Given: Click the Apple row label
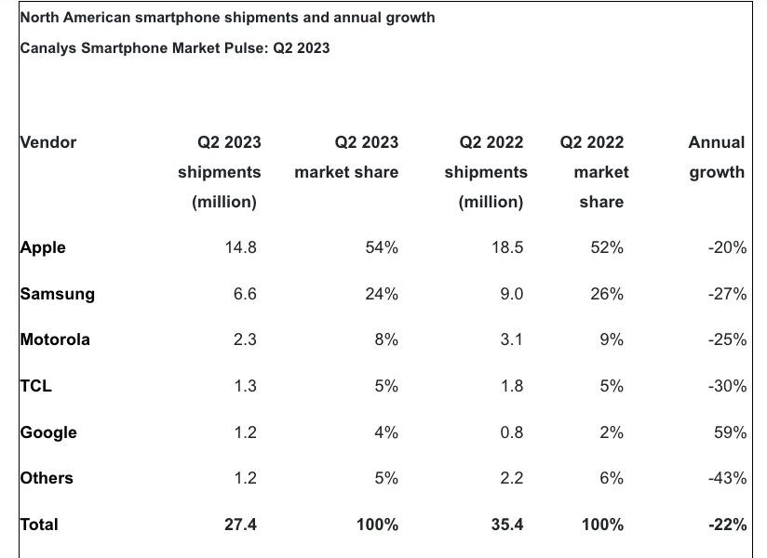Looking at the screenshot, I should tap(43, 247).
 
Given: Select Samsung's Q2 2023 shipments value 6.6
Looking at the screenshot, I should tap(245, 294).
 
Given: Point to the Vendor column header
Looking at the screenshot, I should tap(48, 142).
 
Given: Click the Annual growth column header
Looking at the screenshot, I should tap(717, 157).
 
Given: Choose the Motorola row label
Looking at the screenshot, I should tap(55, 339).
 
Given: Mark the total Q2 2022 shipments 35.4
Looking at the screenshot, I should tap(506, 525).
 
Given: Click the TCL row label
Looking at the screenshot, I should tap(35, 386).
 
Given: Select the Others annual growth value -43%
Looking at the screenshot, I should tap(727, 478).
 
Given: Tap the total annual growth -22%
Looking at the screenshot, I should tap(727, 525).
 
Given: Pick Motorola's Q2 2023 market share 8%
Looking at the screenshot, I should tap(386, 339).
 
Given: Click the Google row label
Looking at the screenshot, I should tap(48, 432).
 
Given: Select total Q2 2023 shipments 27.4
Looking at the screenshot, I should tap(240, 525).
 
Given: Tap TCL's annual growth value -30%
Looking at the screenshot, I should tap(727, 386).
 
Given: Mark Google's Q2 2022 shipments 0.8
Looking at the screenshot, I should tap(511, 432).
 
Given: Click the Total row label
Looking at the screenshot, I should tap(39, 525).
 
